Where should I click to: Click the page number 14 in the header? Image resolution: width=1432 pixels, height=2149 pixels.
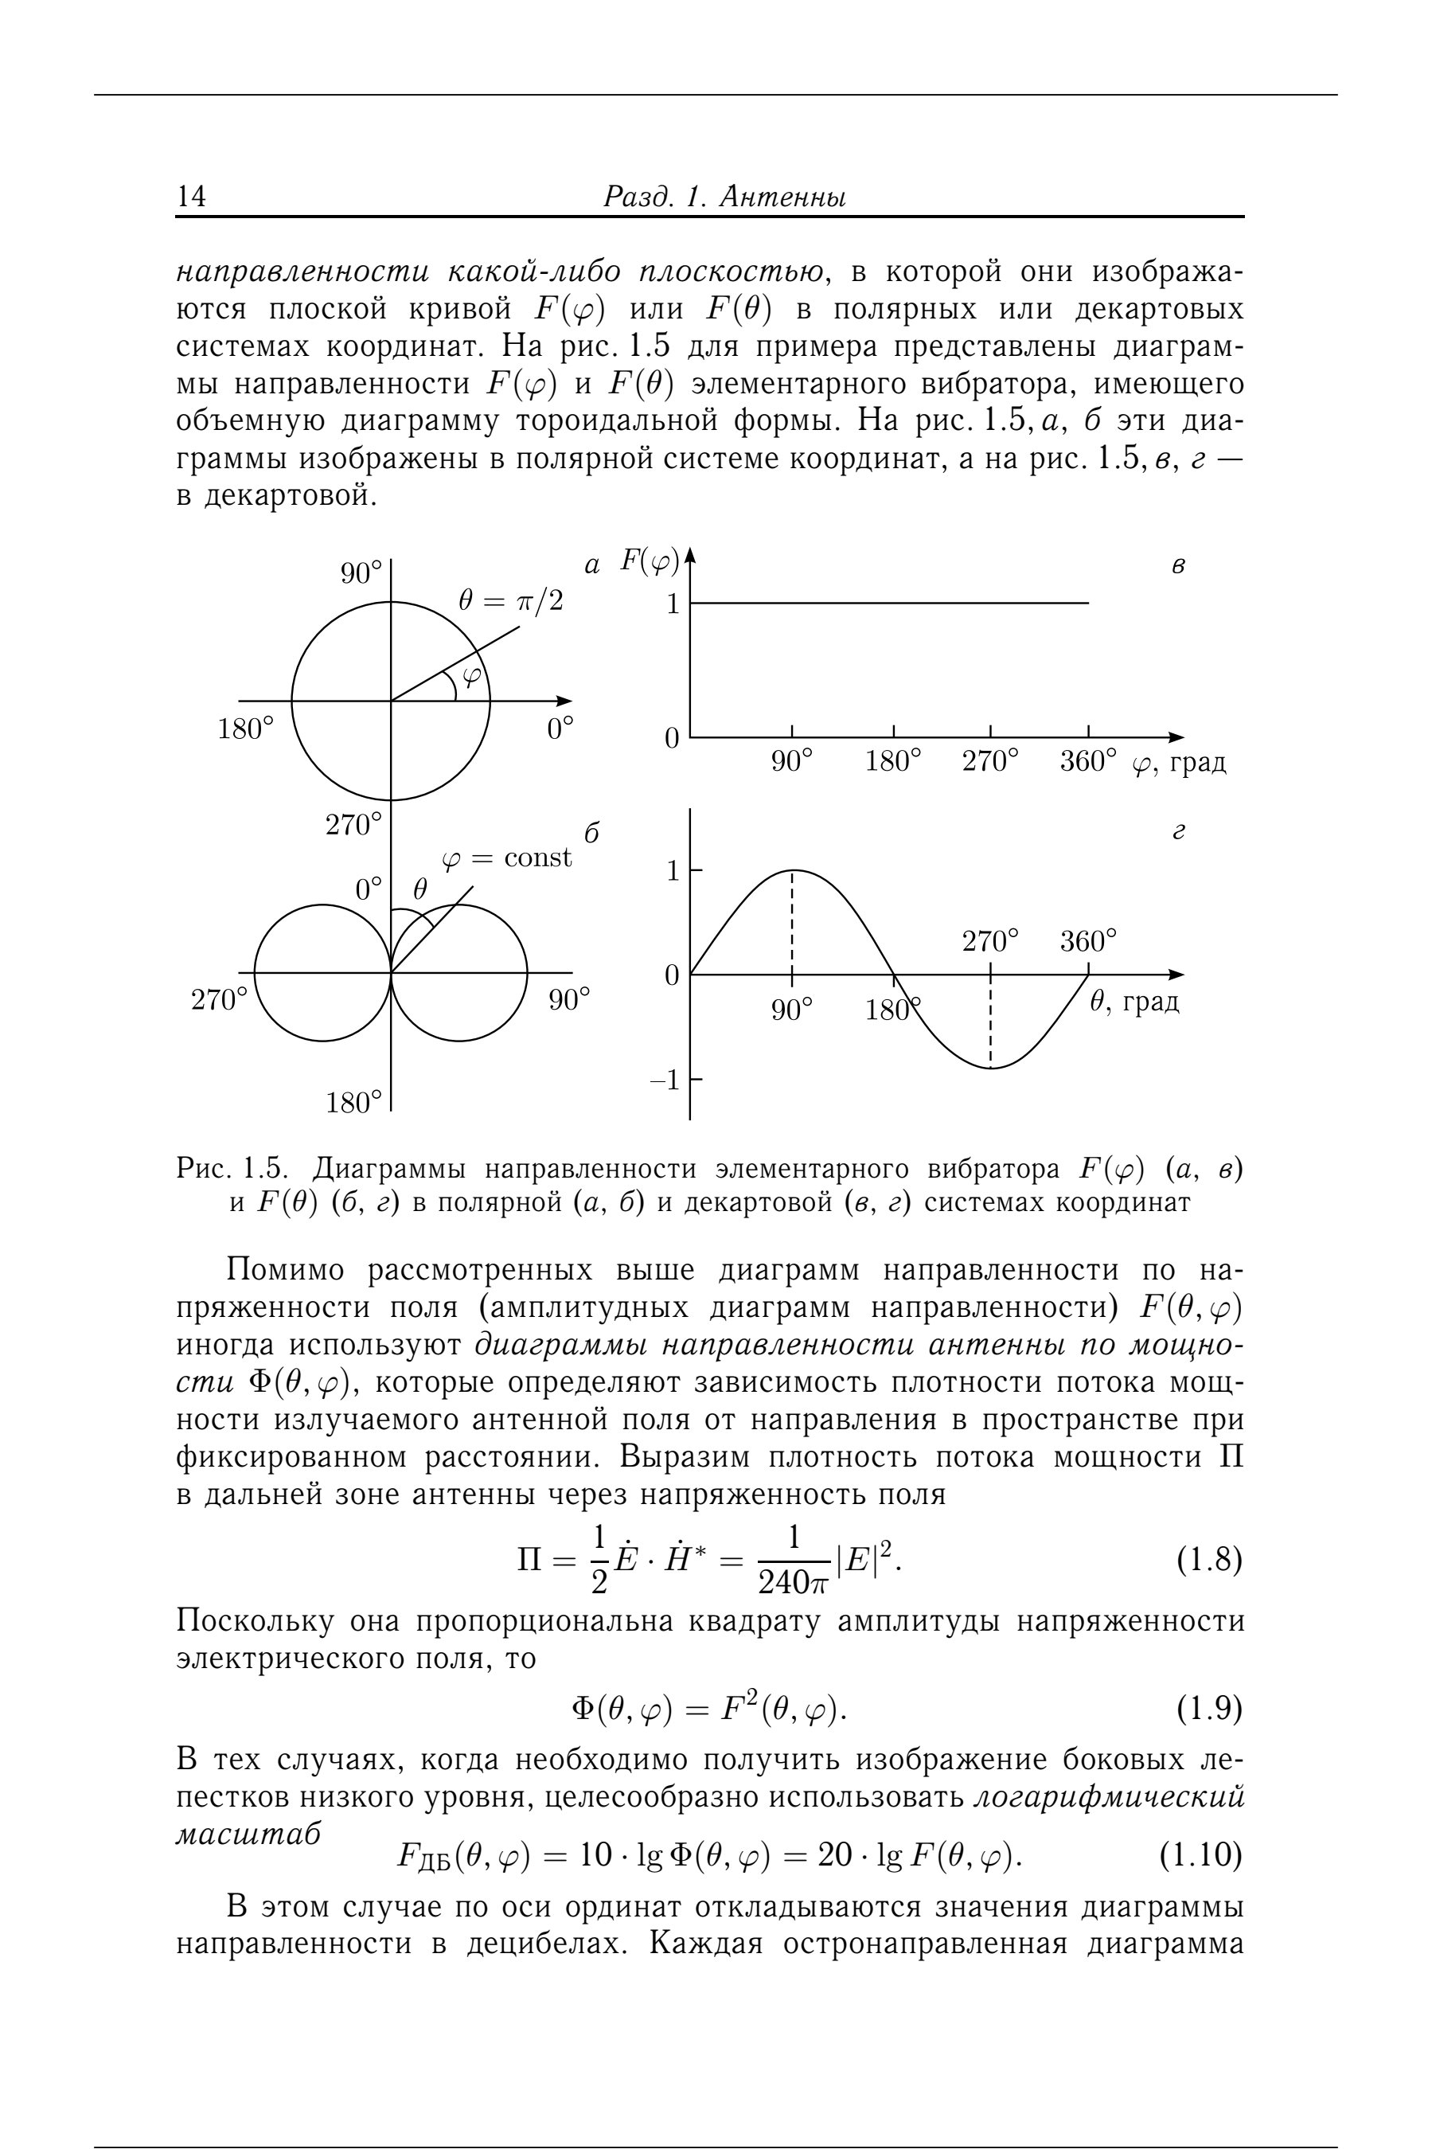click(192, 197)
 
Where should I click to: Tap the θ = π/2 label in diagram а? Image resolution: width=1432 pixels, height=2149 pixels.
click(510, 601)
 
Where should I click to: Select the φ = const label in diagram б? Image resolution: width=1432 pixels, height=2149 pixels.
click(506, 858)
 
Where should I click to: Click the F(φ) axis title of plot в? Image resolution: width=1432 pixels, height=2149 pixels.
click(650, 561)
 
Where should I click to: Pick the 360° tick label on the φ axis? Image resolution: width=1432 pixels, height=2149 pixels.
click(1087, 760)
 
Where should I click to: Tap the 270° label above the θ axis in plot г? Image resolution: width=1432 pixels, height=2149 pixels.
click(990, 940)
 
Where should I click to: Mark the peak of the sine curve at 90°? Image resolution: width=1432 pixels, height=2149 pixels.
click(792, 870)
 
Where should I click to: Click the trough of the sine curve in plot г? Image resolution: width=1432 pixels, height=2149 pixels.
click(991, 1068)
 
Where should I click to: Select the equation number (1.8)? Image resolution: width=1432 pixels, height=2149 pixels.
click(1208, 1561)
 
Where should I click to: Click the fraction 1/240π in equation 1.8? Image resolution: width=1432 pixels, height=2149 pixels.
click(793, 1561)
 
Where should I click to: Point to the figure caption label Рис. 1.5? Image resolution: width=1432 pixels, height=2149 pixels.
click(233, 1169)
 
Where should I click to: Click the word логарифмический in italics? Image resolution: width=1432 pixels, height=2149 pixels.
click(1109, 1796)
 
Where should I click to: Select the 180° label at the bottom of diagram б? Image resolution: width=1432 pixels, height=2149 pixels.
click(353, 1102)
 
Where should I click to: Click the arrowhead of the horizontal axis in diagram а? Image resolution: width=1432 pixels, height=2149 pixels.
click(564, 701)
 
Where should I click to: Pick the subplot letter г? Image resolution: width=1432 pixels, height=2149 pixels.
click(1178, 833)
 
